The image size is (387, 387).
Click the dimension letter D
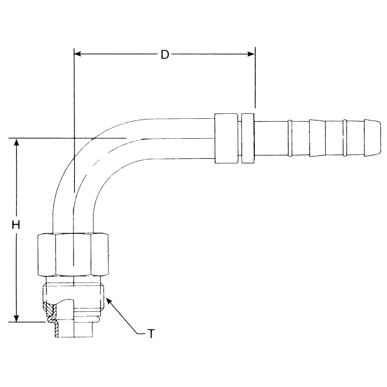pos(164,54)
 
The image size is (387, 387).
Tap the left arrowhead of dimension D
pos(78,54)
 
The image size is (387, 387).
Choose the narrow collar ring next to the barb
pos(247,138)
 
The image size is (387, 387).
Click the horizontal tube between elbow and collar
pos(177,137)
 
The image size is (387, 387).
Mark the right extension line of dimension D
pos(255,83)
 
